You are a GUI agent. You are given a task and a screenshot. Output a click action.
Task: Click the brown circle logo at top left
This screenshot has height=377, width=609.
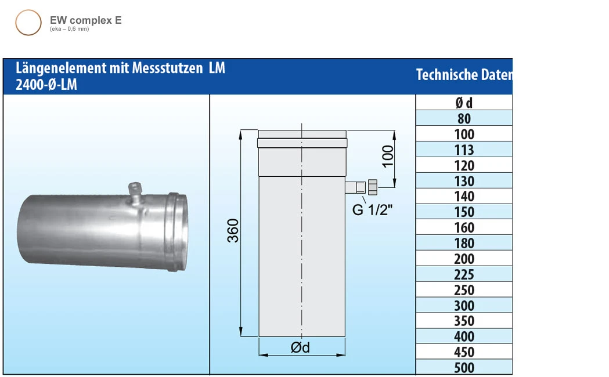pyautogui.click(x=28, y=23)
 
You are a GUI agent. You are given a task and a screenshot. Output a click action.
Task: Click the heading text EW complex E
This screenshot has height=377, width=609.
pyautogui.click(x=85, y=20)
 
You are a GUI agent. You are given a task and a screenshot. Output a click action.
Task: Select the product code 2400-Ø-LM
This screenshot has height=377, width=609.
pyautogui.click(x=47, y=85)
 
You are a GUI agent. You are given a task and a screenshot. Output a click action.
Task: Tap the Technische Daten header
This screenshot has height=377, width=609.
pyautogui.click(x=464, y=75)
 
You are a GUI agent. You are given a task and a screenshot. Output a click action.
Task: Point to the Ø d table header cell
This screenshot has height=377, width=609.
pyautogui.click(x=464, y=103)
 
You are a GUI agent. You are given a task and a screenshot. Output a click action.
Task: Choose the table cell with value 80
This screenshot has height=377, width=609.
pyautogui.click(x=464, y=119)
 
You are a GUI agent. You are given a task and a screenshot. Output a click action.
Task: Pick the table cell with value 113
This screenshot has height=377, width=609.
pyautogui.click(x=464, y=150)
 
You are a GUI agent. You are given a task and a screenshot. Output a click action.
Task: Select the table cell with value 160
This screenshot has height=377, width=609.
pyautogui.click(x=464, y=228)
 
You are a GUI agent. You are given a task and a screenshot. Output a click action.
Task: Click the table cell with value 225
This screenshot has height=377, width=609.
pyautogui.click(x=464, y=275)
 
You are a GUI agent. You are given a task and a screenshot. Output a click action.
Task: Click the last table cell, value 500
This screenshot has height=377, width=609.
pyautogui.click(x=464, y=368)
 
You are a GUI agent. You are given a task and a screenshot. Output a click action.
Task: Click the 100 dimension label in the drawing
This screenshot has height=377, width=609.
pyautogui.click(x=388, y=156)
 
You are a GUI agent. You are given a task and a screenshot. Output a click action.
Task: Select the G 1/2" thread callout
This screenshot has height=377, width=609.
pyautogui.click(x=373, y=209)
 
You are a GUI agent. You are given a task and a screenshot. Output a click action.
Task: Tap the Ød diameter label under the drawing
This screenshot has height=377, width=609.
pyautogui.click(x=300, y=347)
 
